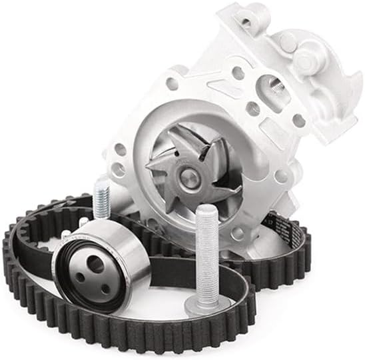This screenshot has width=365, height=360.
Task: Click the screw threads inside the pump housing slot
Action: pyautogui.click(x=271, y=85)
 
